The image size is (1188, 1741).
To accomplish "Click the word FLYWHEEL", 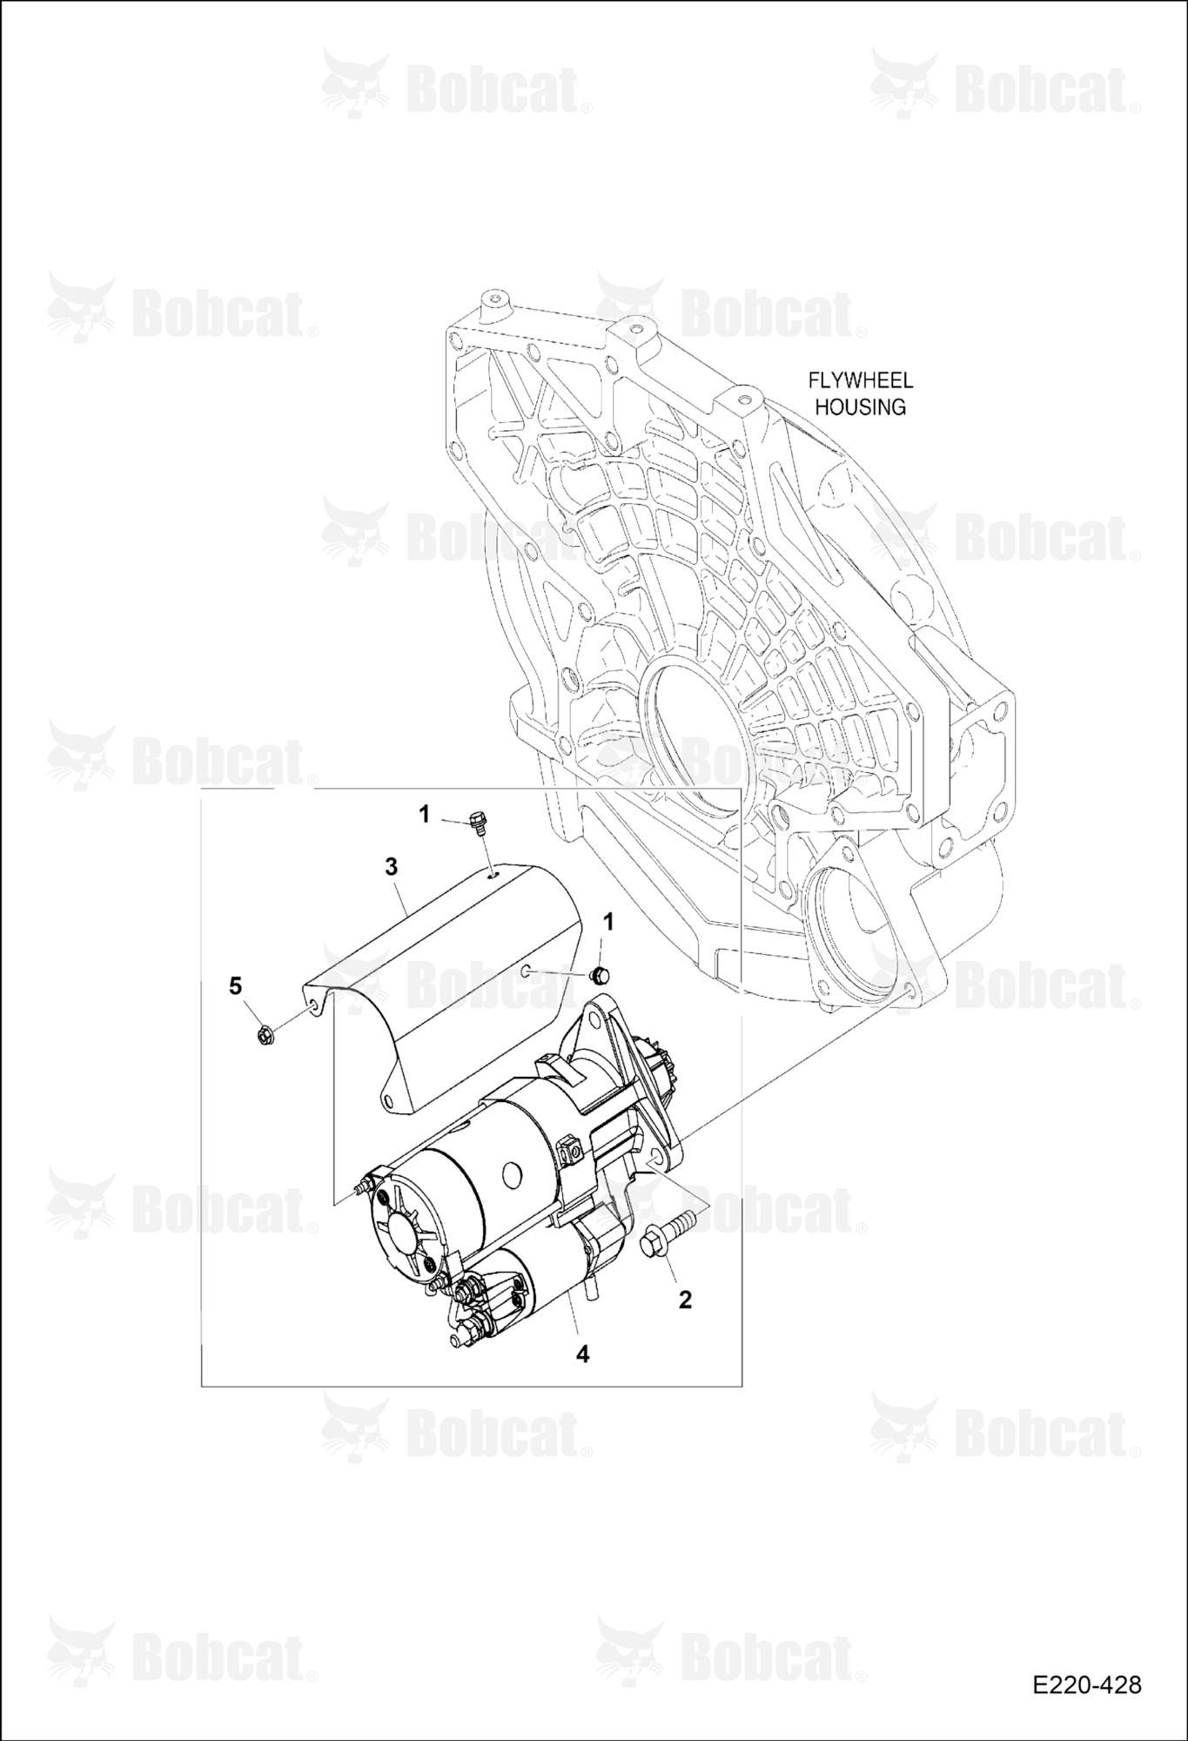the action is pyautogui.click(x=860, y=380).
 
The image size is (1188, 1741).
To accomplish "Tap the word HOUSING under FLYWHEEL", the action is pyautogui.click(x=860, y=407).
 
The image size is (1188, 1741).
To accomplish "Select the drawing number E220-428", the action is pyautogui.click(x=1087, y=1685).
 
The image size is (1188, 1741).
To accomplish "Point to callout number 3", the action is pyautogui.click(x=391, y=866).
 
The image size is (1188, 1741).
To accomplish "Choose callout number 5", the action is pyautogui.click(x=235, y=986).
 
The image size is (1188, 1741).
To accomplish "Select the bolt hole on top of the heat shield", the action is pyautogui.click(x=493, y=877).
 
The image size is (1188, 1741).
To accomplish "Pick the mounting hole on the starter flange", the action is pyautogui.click(x=654, y=1158).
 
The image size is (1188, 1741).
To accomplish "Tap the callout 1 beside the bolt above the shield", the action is pyautogui.click(x=425, y=814).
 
